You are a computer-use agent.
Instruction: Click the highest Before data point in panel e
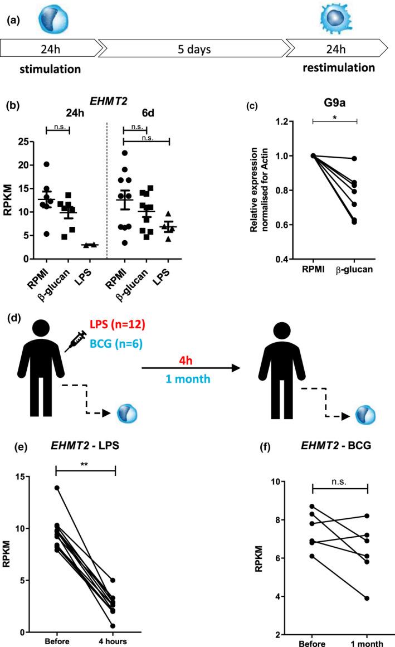point(56,488)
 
